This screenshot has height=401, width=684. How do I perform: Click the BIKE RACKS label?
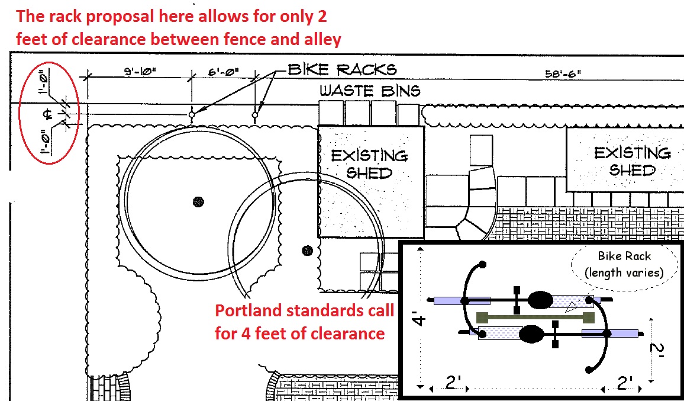pyautogui.click(x=342, y=69)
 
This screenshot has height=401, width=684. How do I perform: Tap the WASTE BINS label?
pyautogui.click(x=370, y=91)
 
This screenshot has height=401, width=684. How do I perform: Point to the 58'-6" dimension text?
pyautogui.click(x=563, y=74)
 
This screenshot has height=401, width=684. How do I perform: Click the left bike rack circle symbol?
pyautogui.click(x=192, y=114)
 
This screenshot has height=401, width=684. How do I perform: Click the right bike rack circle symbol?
pyautogui.click(x=256, y=114)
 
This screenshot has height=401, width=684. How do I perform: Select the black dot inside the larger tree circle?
pyautogui.click(x=198, y=202)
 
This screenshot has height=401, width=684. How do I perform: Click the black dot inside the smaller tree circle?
pyautogui.click(x=306, y=251)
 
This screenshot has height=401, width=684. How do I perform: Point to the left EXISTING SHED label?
pyautogui.click(x=369, y=164)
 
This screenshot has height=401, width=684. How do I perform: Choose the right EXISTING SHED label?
pyautogui.click(x=632, y=161)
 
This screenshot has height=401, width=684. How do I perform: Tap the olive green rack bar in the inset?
pyautogui.click(x=534, y=317)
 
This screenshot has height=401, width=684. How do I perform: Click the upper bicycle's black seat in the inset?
pyautogui.click(x=539, y=300)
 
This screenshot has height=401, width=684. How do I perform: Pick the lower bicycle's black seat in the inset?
pyautogui.click(x=531, y=335)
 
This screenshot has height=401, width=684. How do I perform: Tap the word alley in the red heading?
pyautogui.click(x=320, y=40)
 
